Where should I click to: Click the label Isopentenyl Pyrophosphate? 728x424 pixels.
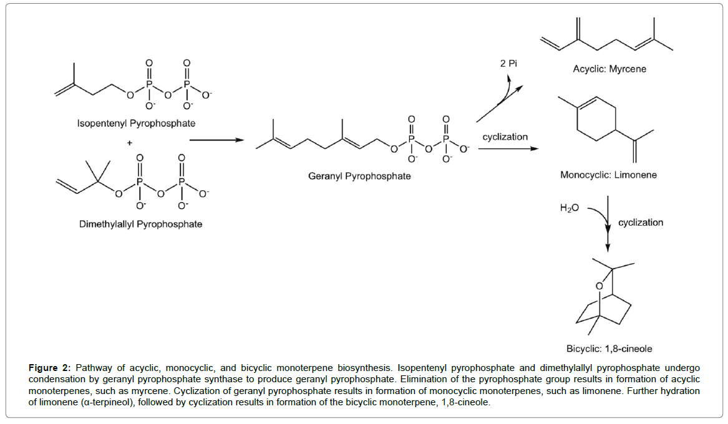click(135, 123)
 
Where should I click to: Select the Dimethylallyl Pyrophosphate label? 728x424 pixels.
click(140, 223)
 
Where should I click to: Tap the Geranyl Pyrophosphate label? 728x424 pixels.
click(359, 176)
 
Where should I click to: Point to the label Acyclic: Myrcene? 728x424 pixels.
click(609, 69)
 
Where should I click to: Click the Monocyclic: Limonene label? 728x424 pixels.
click(608, 175)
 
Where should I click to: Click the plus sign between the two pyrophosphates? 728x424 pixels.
click(130, 142)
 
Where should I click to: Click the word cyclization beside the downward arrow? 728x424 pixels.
click(641, 222)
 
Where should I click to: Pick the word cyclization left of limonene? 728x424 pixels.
click(505, 137)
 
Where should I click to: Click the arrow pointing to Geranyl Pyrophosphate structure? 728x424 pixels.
click(216, 140)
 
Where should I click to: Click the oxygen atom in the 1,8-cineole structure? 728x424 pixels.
click(598, 286)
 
